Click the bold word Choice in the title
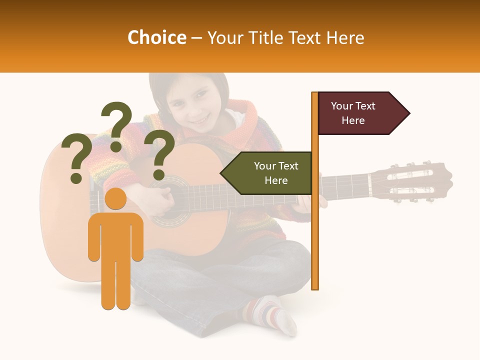pos(156,38)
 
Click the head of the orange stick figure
pos(116,199)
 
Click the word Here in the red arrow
pos(353,120)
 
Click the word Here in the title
pos(345,38)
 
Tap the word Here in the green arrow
pos(276,180)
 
